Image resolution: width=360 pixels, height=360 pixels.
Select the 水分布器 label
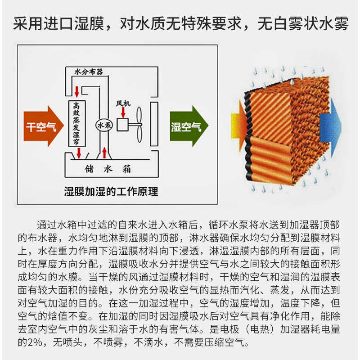click(89, 71)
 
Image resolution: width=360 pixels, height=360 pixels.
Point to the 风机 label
click(123, 103)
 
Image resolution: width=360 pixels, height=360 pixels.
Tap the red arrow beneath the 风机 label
click(123, 112)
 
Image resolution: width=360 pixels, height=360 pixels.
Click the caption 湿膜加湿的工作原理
click(111, 192)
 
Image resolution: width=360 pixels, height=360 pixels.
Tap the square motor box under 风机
click(122, 125)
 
